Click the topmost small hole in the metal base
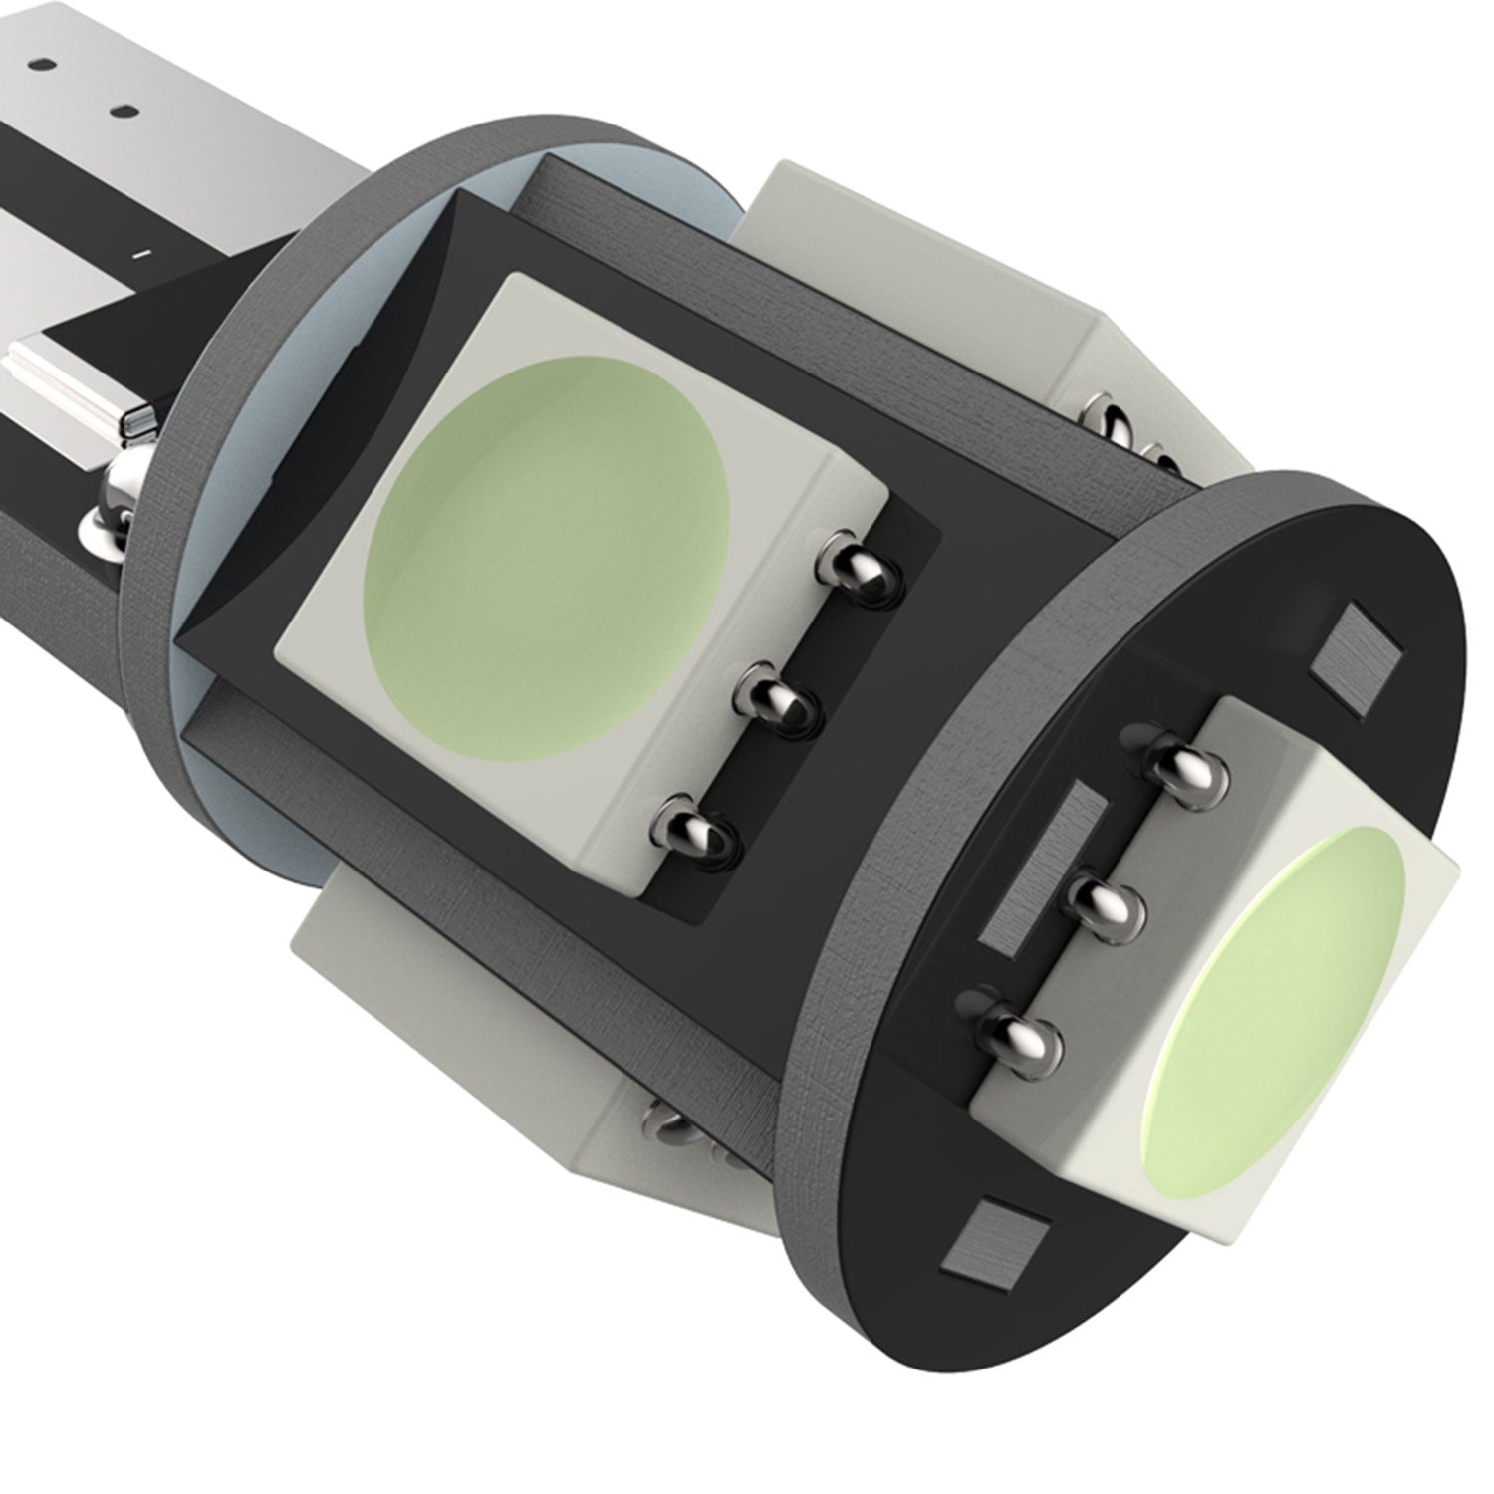point(42,63)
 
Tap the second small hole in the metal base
point(124,111)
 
